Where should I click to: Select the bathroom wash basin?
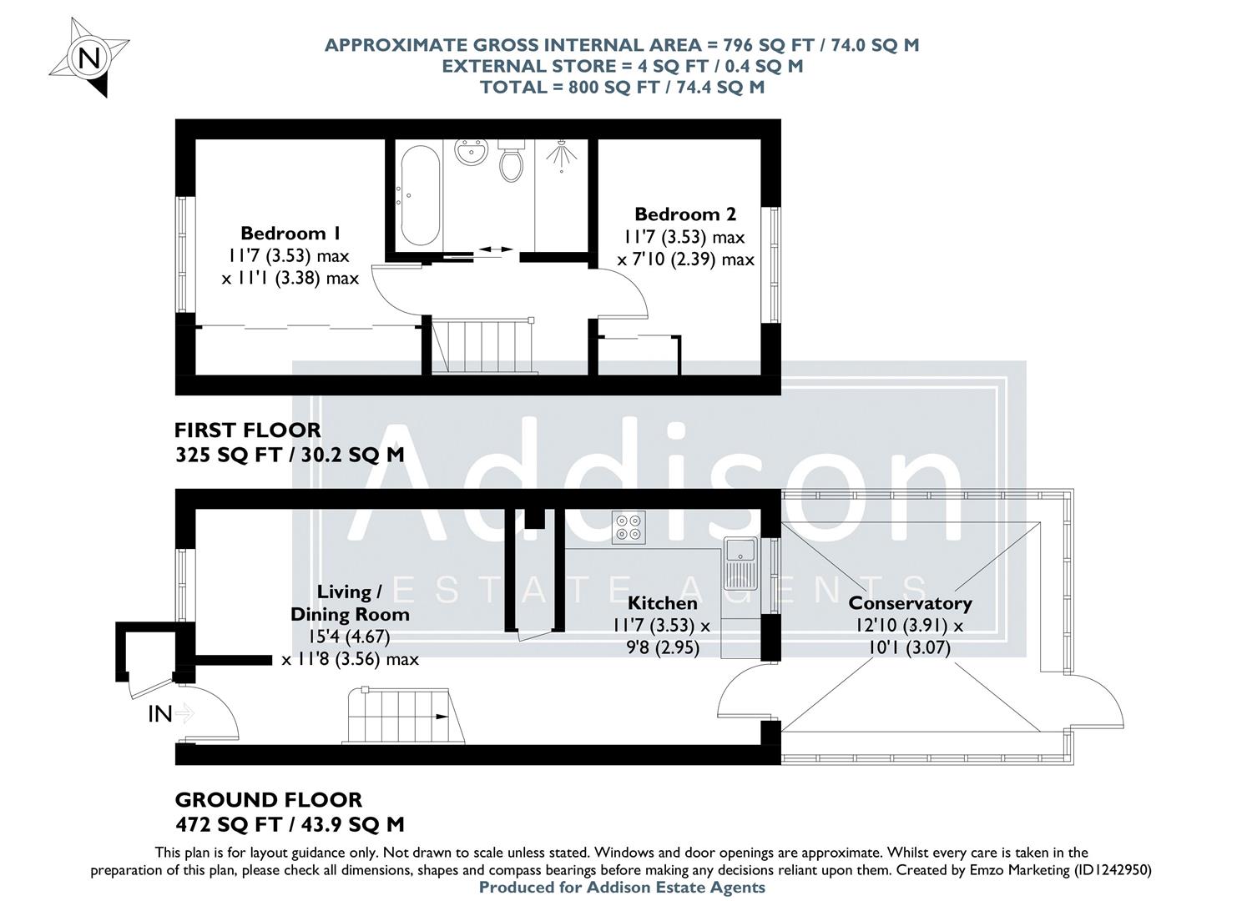(x=472, y=154)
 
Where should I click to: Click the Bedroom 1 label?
(x=290, y=233)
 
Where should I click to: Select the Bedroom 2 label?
(x=685, y=214)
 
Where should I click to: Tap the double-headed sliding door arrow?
(x=497, y=249)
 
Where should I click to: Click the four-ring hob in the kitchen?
(x=629, y=527)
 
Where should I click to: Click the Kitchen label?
(x=662, y=603)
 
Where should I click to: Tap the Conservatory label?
(x=910, y=603)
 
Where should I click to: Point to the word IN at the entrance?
(x=160, y=714)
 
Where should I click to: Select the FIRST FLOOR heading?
(x=247, y=430)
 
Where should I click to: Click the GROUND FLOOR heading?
(x=268, y=800)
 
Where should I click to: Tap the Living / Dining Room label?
(x=350, y=603)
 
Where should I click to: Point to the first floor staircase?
(x=482, y=345)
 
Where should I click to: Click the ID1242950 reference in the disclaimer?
(x=1108, y=869)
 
